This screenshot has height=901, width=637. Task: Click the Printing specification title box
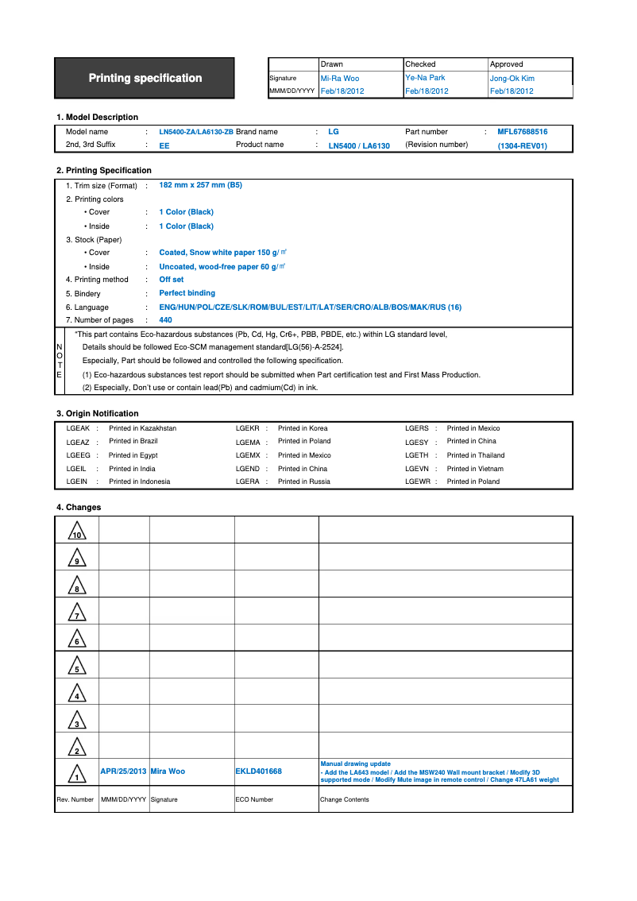click(145, 78)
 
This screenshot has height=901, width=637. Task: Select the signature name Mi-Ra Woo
click(339, 79)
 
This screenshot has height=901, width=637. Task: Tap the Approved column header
click(507, 64)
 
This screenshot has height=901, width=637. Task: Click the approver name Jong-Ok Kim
click(512, 79)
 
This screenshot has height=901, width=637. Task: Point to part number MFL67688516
click(522, 132)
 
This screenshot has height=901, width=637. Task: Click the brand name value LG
click(334, 132)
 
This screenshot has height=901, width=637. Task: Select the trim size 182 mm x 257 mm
click(200, 185)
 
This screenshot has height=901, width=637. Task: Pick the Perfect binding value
click(187, 293)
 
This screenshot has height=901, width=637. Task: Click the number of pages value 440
click(165, 320)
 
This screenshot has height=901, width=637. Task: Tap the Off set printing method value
click(171, 280)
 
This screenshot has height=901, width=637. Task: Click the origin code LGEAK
click(78, 428)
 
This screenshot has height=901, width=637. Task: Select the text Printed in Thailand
click(476, 455)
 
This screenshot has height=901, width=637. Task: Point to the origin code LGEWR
click(417, 481)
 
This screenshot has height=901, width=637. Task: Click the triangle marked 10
click(77, 532)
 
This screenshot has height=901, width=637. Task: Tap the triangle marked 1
click(77, 774)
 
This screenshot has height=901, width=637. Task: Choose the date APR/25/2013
click(123, 771)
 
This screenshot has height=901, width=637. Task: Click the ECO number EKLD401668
click(258, 771)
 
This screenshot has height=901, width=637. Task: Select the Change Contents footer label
click(344, 799)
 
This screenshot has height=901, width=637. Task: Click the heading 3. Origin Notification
click(97, 413)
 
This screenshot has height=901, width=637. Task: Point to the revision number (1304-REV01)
click(522, 146)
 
